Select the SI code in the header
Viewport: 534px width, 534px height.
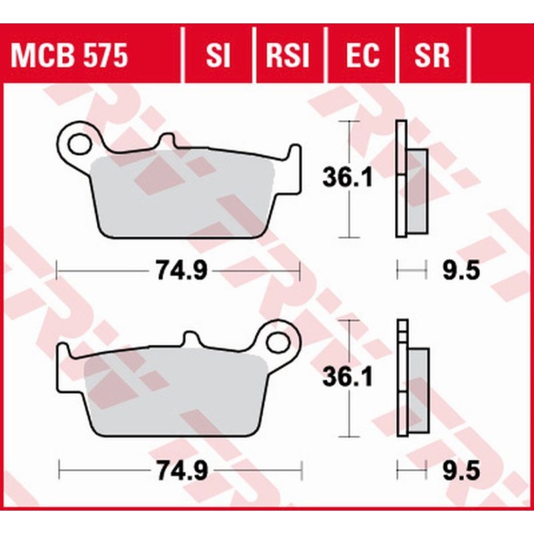click(218, 56)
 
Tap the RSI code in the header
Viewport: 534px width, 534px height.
click(288, 56)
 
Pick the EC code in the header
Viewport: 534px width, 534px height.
click(361, 56)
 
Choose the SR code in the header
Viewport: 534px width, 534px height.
click(433, 56)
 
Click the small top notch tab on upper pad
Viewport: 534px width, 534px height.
click(168, 142)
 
